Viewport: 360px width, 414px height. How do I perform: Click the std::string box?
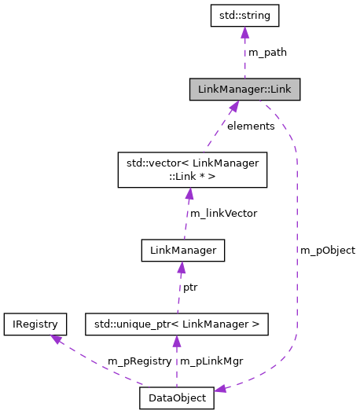pyautogui.click(x=245, y=14)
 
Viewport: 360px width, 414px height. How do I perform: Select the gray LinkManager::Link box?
pyautogui.click(x=244, y=90)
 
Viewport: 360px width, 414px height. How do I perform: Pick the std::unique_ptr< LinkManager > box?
pyautogui.click(x=177, y=323)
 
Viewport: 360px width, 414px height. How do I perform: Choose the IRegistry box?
pyautogui.click(x=35, y=323)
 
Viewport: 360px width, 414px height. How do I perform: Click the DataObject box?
pyautogui.click(x=177, y=398)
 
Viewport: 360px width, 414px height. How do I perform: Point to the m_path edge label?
pyautogui.click(x=267, y=52)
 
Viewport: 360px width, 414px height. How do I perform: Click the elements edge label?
pyautogui.click(x=251, y=126)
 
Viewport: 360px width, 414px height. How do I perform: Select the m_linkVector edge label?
pyautogui.click(x=222, y=213)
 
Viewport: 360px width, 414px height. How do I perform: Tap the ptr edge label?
pyautogui.click(x=190, y=288)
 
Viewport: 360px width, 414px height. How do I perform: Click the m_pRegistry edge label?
pyautogui.click(x=138, y=361)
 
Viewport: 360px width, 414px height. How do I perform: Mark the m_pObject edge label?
pyautogui.click(x=328, y=250)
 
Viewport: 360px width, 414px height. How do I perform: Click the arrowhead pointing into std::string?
pyautogui.click(x=245, y=32)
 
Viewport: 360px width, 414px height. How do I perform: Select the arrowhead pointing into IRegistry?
pyautogui.click(x=55, y=339)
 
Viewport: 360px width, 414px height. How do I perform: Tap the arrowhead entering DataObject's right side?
pyautogui.click(x=222, y=389)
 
